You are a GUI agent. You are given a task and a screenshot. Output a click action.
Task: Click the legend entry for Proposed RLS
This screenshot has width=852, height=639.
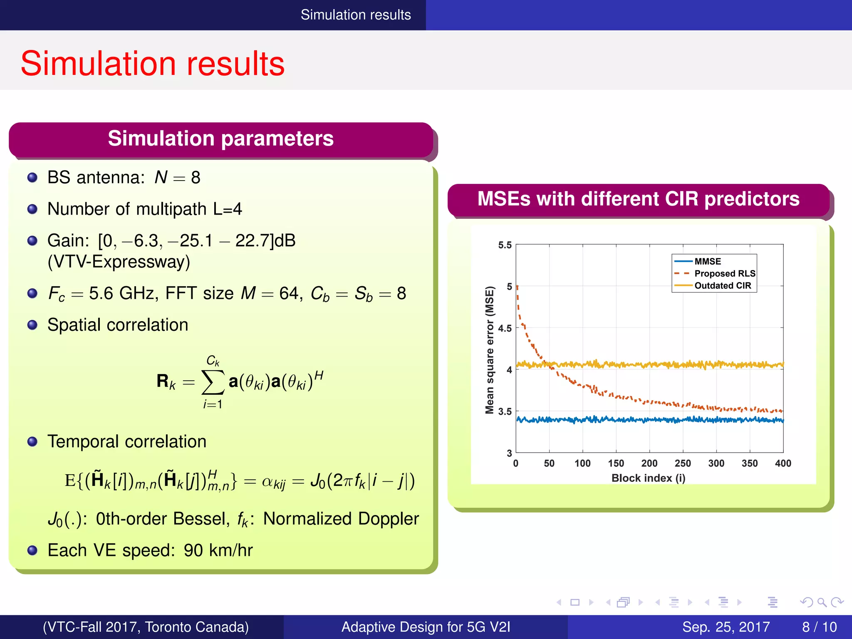(x=724, y=273)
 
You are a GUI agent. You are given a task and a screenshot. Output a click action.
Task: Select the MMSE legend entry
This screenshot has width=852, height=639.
(x=707, y=261)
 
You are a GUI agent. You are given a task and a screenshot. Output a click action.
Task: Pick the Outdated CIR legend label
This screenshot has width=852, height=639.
(x=723, y=285)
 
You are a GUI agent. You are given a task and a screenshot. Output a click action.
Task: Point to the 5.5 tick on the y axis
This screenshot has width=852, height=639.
(x=505, y=245)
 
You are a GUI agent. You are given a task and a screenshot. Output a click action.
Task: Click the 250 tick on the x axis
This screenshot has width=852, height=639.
(x=683, y=463)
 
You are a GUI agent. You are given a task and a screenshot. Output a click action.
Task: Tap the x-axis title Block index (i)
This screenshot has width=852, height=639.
(x=648, y=478)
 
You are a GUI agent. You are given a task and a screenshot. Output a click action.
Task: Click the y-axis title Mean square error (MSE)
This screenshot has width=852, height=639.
(x=490, y=350)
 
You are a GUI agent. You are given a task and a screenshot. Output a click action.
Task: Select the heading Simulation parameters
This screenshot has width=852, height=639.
(x=220, y=139)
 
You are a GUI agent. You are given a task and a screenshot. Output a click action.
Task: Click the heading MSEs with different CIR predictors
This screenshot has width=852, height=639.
(x=638, y=199)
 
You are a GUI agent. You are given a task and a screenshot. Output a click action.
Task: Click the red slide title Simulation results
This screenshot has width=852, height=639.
(x=152, y=64)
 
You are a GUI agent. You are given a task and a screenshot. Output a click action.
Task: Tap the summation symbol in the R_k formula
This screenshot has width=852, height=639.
(x=213, y=381)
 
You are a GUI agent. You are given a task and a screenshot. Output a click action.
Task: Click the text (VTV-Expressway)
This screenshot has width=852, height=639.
(x=119, y=262)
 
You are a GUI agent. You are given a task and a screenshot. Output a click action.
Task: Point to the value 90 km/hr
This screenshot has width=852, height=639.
(x=218, y=550)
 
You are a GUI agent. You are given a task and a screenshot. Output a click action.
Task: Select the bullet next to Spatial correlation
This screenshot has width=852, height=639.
(x=32, y=325)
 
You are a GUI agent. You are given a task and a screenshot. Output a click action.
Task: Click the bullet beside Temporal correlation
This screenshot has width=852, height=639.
(x=32, y=441)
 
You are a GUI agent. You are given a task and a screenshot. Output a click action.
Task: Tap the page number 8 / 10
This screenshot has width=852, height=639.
(x=819, y=627)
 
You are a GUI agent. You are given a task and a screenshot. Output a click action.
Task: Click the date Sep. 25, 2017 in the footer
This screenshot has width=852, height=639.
(x=726, y=627)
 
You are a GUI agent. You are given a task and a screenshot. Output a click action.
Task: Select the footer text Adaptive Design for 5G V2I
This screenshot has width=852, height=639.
(x=426, y=627)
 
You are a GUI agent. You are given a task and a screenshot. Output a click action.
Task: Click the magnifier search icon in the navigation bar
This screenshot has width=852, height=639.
(x=822, y=602)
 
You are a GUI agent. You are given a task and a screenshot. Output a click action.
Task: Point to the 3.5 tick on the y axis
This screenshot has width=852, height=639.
(x=505, y=411)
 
